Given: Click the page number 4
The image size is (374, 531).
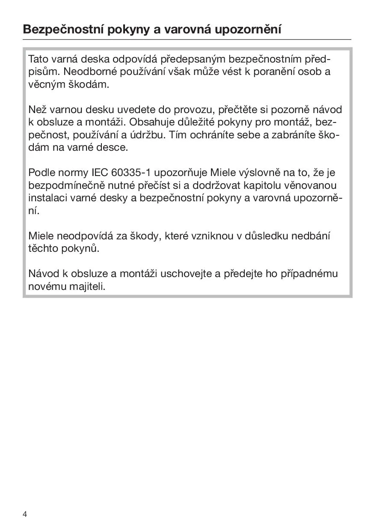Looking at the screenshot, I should pos(25,514).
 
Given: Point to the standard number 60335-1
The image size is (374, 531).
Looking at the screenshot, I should pos(131,173).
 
